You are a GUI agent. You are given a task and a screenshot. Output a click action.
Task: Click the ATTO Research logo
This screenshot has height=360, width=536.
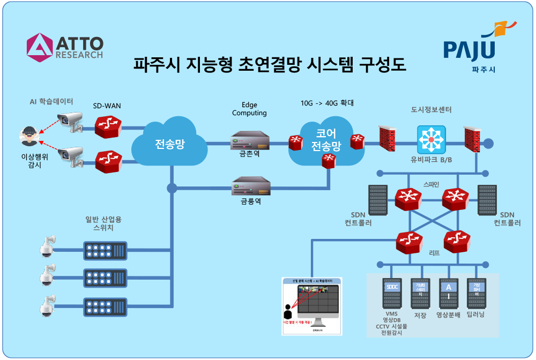pyautogui.click(x=64, y=47)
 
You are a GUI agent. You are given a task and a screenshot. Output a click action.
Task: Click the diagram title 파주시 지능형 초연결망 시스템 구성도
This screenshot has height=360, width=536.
pyautogui.click(x=270, y=65)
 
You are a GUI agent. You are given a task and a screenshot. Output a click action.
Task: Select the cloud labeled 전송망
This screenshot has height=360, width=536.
pyautogui.click(x=170, y=144)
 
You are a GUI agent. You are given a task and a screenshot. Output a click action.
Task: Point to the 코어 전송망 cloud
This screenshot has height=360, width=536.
pyautogui.click(x=326, y=141)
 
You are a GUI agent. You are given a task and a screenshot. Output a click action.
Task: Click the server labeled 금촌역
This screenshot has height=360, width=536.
pyautogui.click(x=250, y=142)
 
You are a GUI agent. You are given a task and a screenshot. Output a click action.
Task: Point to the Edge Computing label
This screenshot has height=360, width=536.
pyautogui.click(x=249, y=109)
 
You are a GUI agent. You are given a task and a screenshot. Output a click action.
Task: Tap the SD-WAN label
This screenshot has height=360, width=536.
pyautogui.click(x=107, y=106)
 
